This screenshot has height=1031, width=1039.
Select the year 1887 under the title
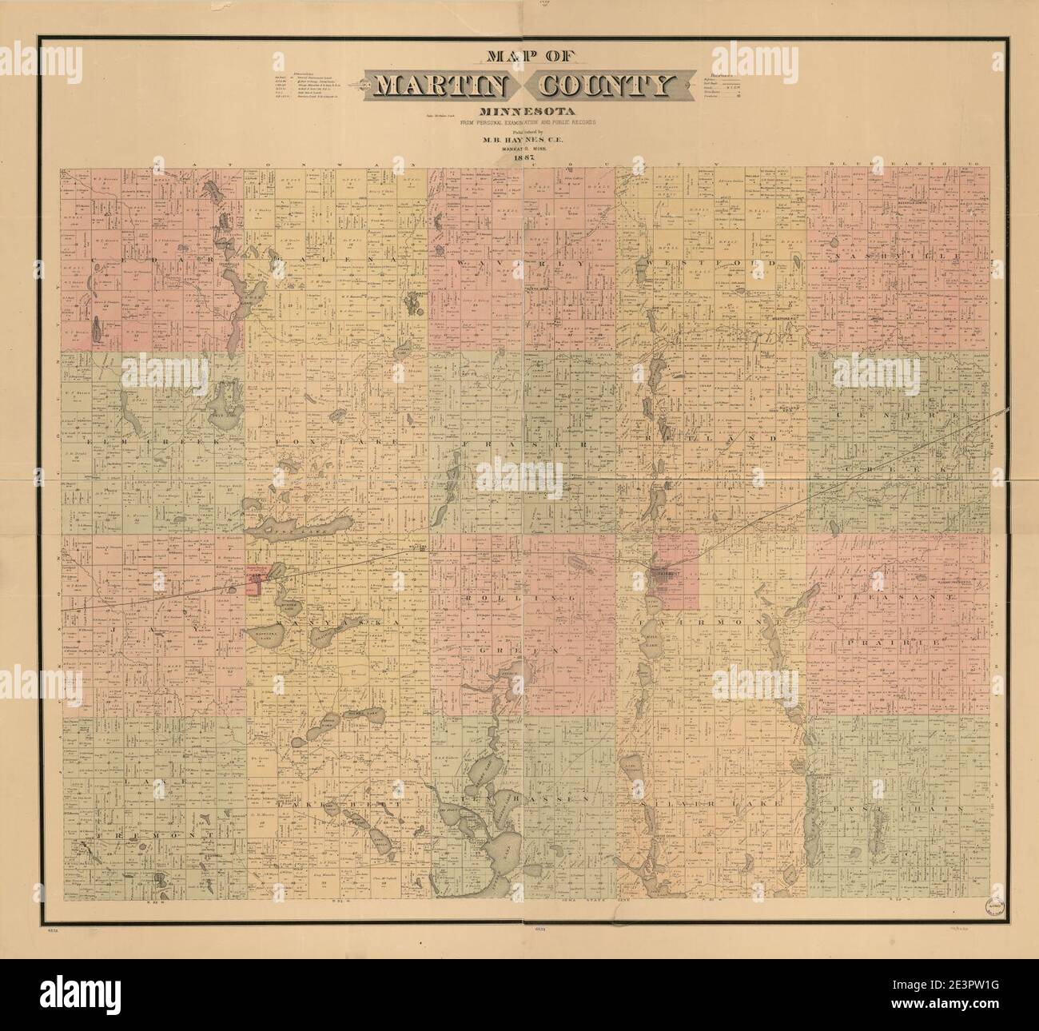click(x=519, y=156)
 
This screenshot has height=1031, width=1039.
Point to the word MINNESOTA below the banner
click(x=519, y=110)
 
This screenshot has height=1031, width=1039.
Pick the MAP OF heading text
click(x=519, y=58)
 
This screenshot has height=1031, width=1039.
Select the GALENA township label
click(x=316, y=262)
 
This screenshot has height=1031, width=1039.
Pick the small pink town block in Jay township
click(x=255, y=579)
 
